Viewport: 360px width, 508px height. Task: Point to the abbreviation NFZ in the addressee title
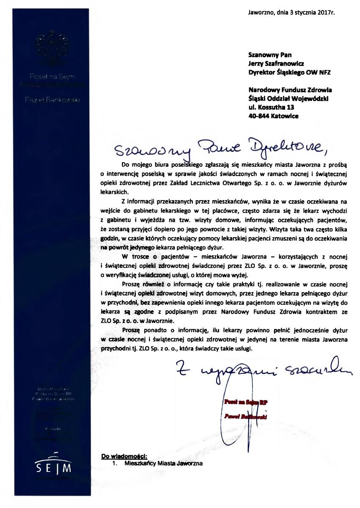point(323,72)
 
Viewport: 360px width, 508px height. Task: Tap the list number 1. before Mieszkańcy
point(114,463)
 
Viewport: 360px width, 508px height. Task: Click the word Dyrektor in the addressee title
point(262,72)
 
